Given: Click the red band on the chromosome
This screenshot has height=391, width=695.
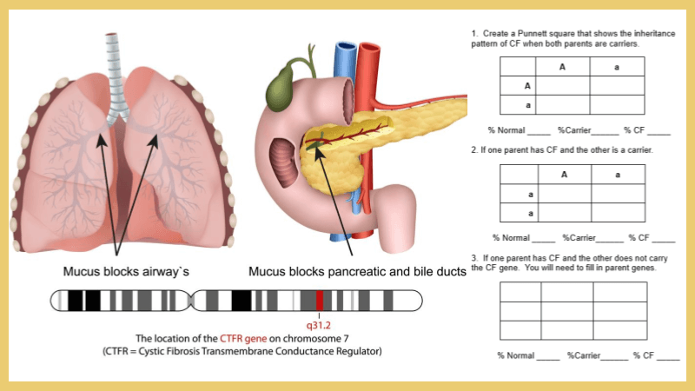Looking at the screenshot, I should click(x=320, y=301).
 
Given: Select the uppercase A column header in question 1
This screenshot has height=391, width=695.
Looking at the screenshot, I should click(x=562, y=67).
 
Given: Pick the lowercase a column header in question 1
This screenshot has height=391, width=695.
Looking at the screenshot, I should click(x=617, y=67).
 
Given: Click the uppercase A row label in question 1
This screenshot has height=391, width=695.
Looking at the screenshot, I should click(x=527, y=86).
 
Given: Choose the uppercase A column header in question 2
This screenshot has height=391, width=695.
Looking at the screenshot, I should click(x=564, y=175).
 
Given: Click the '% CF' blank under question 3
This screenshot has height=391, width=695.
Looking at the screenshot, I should click(x=667, y=356).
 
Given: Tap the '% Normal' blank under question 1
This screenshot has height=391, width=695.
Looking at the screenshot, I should click(x=538, y=131).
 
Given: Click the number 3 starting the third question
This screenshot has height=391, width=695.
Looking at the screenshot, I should click(x=473, y=258).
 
